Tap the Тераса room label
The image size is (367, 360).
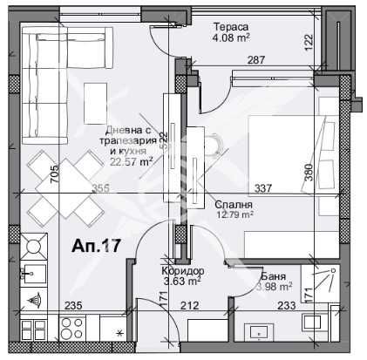click(231, 25)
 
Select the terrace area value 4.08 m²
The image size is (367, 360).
click(231, 37)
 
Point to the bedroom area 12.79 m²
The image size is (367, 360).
click(234, 214)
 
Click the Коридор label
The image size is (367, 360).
click(181, 271)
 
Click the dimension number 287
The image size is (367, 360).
click(255, 60)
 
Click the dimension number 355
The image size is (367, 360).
click(100, 188)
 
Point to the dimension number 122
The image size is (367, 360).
click(309, 40)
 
